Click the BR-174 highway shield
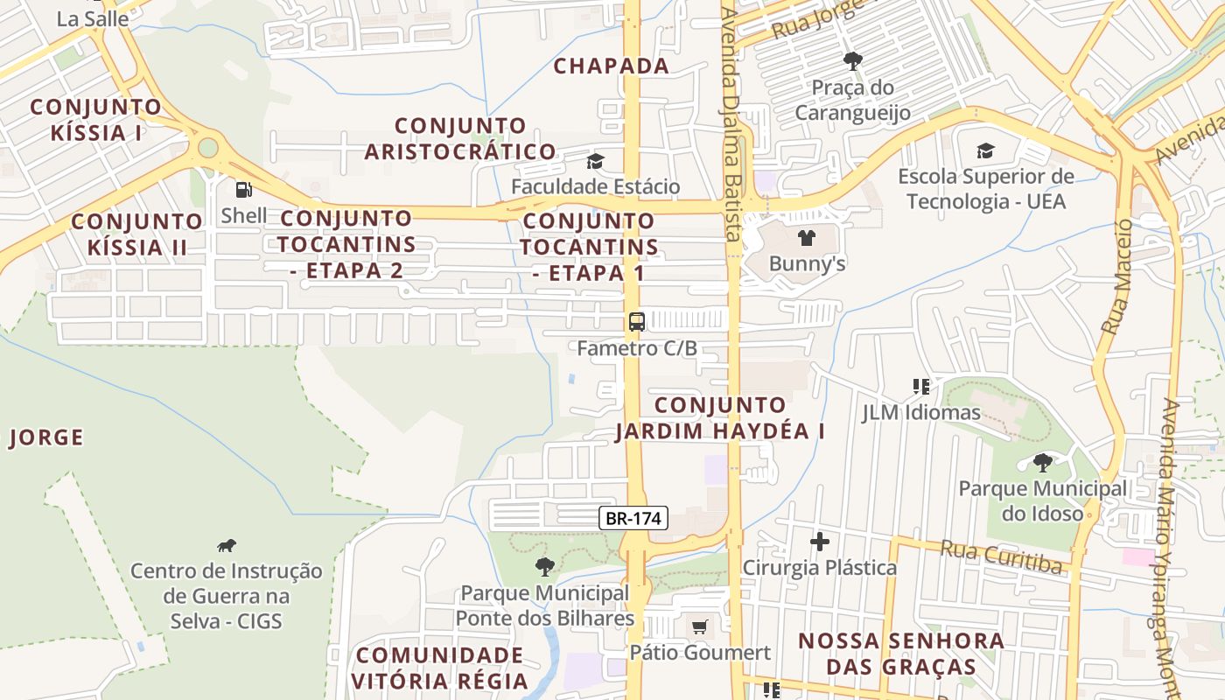click(x=634, y=518)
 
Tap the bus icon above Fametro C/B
click(x=636, y=321)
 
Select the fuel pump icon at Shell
click(x=244, y=189)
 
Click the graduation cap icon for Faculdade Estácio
click(x=595, y=161)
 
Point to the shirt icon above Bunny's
click(x=807, y=237)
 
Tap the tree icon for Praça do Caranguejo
click(x=852, y=61)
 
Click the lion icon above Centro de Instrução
click(x=227, y=546)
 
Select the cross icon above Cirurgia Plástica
click(x=819, y=542)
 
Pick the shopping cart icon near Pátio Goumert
click(x=699, y=626)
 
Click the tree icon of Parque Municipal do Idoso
click(x=1042, y=462)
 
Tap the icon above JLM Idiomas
click(x=920, y=386)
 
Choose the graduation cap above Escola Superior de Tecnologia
click(x=985, y=150)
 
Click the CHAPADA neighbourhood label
click(x=612, y=66)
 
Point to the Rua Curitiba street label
click(x=1001, y=556)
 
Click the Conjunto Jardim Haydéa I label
click(x=720, y=418)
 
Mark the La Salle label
click(x=93, y=18)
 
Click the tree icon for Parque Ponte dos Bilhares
click(x=544, y=567)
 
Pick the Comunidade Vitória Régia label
click(x=440, y=668)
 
